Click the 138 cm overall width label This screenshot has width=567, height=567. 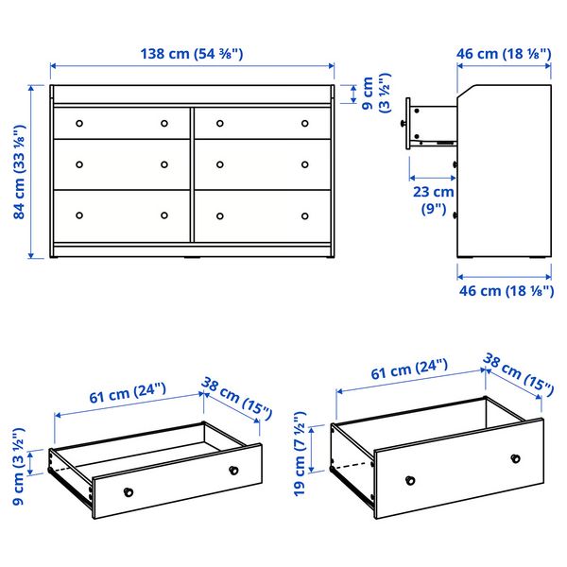click(x=192, y=54)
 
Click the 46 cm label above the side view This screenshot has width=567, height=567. click(x=504, y=54)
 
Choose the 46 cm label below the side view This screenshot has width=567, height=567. click(x=505, y=291)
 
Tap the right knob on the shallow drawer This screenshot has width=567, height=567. click(x=232, y=470)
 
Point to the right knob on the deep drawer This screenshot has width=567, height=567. click(x=515, y=458)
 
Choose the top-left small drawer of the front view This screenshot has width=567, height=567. click(x=120, y=123)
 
